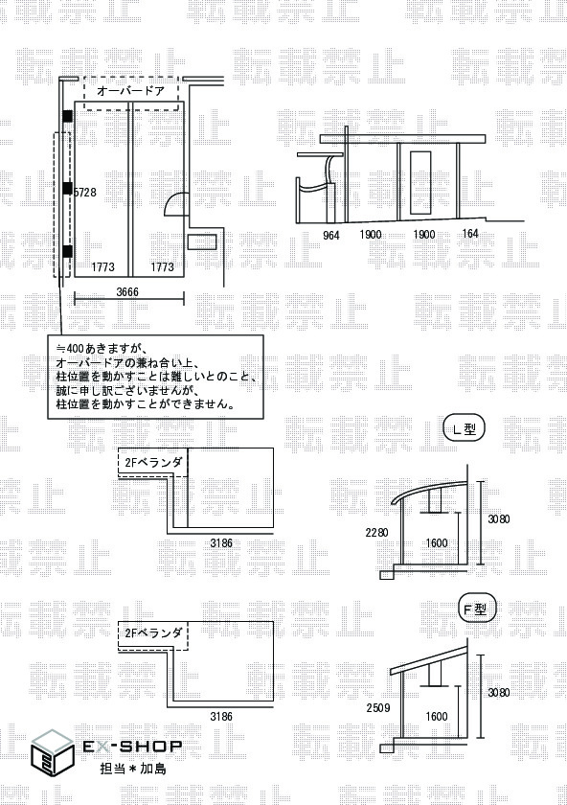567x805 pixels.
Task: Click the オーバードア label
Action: point(130,91)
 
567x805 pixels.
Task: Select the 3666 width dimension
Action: point(127,291)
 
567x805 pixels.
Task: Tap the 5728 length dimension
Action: point(85,192)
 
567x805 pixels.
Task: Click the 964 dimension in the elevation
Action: point(331,235)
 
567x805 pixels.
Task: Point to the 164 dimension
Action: point(470,234)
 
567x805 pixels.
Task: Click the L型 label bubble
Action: point(465,429)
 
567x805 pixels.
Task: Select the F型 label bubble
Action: point(475,609)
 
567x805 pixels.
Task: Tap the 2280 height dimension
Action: point(376,533)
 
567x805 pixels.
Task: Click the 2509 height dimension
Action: point(378,708)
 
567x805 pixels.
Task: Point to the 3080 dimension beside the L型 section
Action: point(499,519)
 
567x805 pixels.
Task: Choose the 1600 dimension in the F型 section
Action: point(436,716)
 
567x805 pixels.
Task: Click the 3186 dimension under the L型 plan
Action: point(221,542)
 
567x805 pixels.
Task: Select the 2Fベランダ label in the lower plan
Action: point(153,632)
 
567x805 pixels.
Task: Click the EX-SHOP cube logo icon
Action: point(52,751)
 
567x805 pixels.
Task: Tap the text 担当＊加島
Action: point(133,768)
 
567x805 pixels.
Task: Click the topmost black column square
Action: point(67,116)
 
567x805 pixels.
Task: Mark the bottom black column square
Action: point(67,251)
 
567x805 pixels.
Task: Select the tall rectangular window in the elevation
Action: point(420,183)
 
